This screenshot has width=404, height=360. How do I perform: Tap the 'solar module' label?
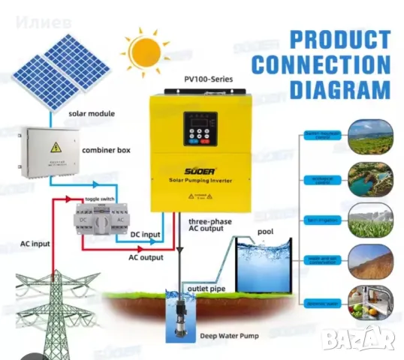[92, 113]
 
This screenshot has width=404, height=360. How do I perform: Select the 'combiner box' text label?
[106, 150]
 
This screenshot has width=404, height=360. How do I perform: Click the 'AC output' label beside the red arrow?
[145, 257]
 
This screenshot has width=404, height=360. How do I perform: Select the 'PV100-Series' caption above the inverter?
[206, 80]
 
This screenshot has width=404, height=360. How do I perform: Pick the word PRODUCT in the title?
[340, 38]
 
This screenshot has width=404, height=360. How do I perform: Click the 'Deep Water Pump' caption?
[225, 337]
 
